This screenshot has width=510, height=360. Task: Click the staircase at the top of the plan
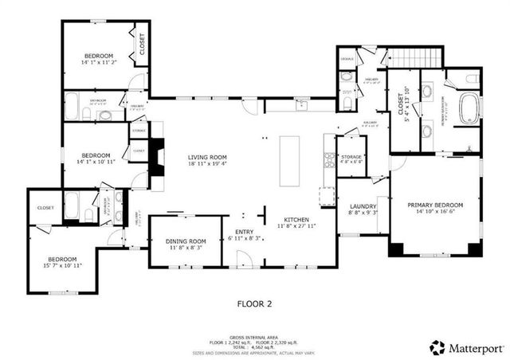click(x=414, y=58)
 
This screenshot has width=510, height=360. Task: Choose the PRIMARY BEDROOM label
click(x=435, y=205)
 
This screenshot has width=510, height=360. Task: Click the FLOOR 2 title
click(x=255, y=303)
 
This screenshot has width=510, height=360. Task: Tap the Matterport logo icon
click(x=437, y=346)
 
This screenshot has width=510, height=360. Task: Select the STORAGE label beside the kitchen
click(x=351, y=157)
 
